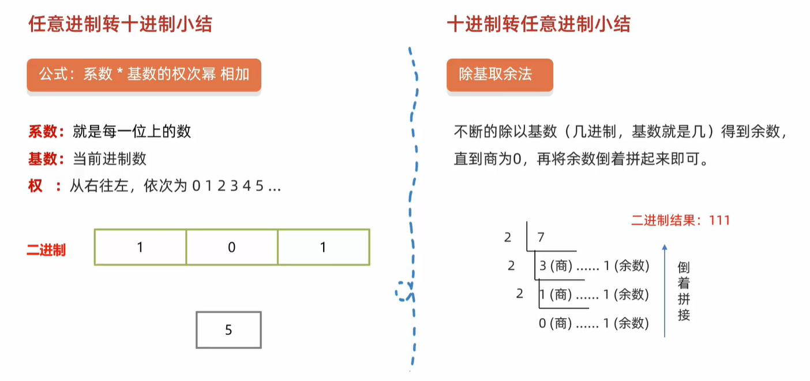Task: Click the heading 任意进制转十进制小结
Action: click(x=121, y=24)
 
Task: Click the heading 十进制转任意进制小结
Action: click(x=538, y=24)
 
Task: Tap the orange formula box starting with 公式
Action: click(x=144, y=74)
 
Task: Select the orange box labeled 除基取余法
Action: click(x=500, y=74)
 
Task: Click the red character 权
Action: click(x=35, y=186)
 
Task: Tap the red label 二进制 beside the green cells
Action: click(x=46, y=250)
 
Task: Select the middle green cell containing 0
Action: click(x=232, y=248)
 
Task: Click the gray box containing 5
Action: click(x=228, y=330)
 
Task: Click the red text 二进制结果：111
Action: click(x=680, y=220)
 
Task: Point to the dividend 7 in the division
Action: click(x=541, y=237)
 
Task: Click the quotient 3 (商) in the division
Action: click(x=555, y=266)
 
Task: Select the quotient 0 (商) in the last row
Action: click(x=555, y=324)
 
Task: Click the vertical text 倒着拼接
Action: click(x=684, y=292)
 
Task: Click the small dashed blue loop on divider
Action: click(x=404, y=290)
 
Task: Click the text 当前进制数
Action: click(x=110, y=159)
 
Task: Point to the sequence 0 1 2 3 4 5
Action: click(x=228, y=186)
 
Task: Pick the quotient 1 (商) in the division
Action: click(x=555, y=295)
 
